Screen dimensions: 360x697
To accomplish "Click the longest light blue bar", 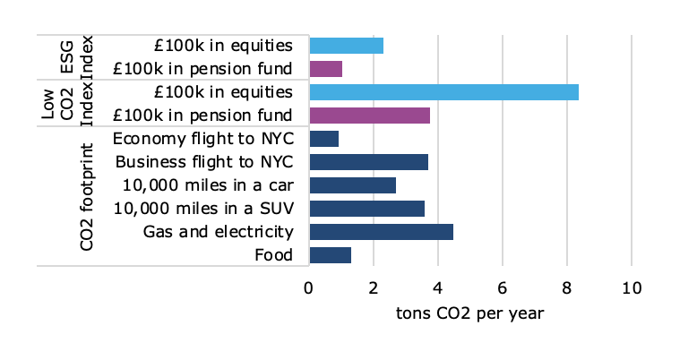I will pos(443,92).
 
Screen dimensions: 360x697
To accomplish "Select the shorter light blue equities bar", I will pos(346,46).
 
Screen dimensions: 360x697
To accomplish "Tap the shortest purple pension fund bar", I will pos(325,69).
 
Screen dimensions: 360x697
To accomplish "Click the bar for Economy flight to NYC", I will pos(323,139).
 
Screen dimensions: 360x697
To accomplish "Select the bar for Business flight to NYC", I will pos(368,162).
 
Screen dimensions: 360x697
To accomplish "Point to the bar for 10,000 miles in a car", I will pos(352,185).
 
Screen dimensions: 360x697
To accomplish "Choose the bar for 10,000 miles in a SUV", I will pos(366,209).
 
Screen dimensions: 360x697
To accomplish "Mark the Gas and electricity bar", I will pos(381,232).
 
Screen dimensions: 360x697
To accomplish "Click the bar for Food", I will pos(330,255).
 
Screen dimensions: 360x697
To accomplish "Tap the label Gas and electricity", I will pos(219,232).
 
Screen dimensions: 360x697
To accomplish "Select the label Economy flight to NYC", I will pos(203,139).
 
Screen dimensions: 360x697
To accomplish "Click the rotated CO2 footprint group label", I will pos(86,195).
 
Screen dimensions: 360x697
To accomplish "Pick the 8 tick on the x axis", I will pos(567,289).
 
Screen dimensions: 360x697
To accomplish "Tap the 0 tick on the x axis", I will pos(309,289).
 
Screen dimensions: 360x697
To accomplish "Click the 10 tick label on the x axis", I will pos(632,289).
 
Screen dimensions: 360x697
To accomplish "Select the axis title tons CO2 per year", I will pos(469,314).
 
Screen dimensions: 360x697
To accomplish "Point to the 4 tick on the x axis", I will pos(438,289).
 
